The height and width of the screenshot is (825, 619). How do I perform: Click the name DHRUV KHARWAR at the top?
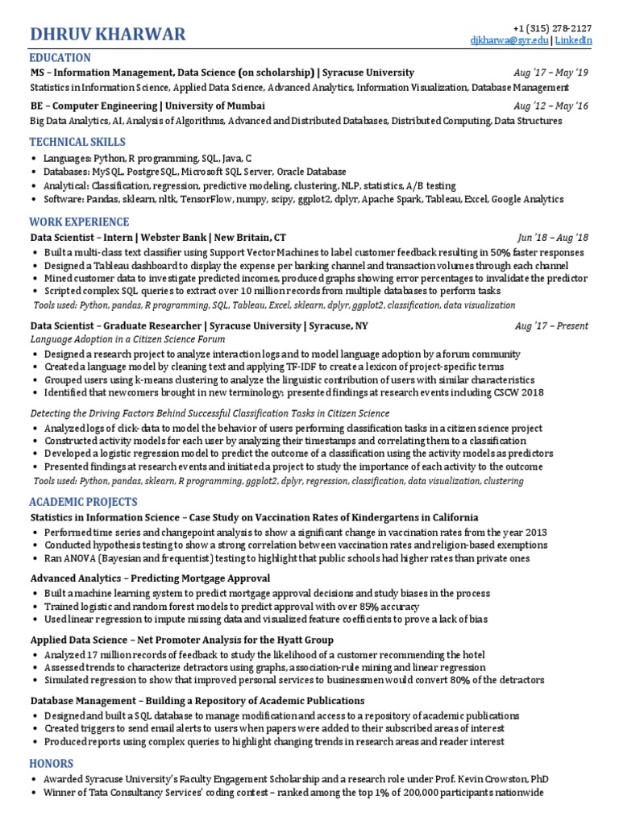point(107,34)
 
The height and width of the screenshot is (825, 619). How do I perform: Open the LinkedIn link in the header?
point(574,40)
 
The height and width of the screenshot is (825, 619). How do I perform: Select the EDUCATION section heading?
point(60,58)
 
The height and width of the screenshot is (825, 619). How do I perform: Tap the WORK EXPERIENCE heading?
point(79,222)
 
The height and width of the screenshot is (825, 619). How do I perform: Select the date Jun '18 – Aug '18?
point(553,238)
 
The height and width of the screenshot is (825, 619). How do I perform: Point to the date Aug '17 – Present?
point(551,326)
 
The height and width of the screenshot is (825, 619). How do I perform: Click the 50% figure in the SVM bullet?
point(501,252)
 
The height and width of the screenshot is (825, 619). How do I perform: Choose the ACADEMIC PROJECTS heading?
point(84,502)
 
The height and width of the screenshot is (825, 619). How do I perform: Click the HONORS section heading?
point(52,763)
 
